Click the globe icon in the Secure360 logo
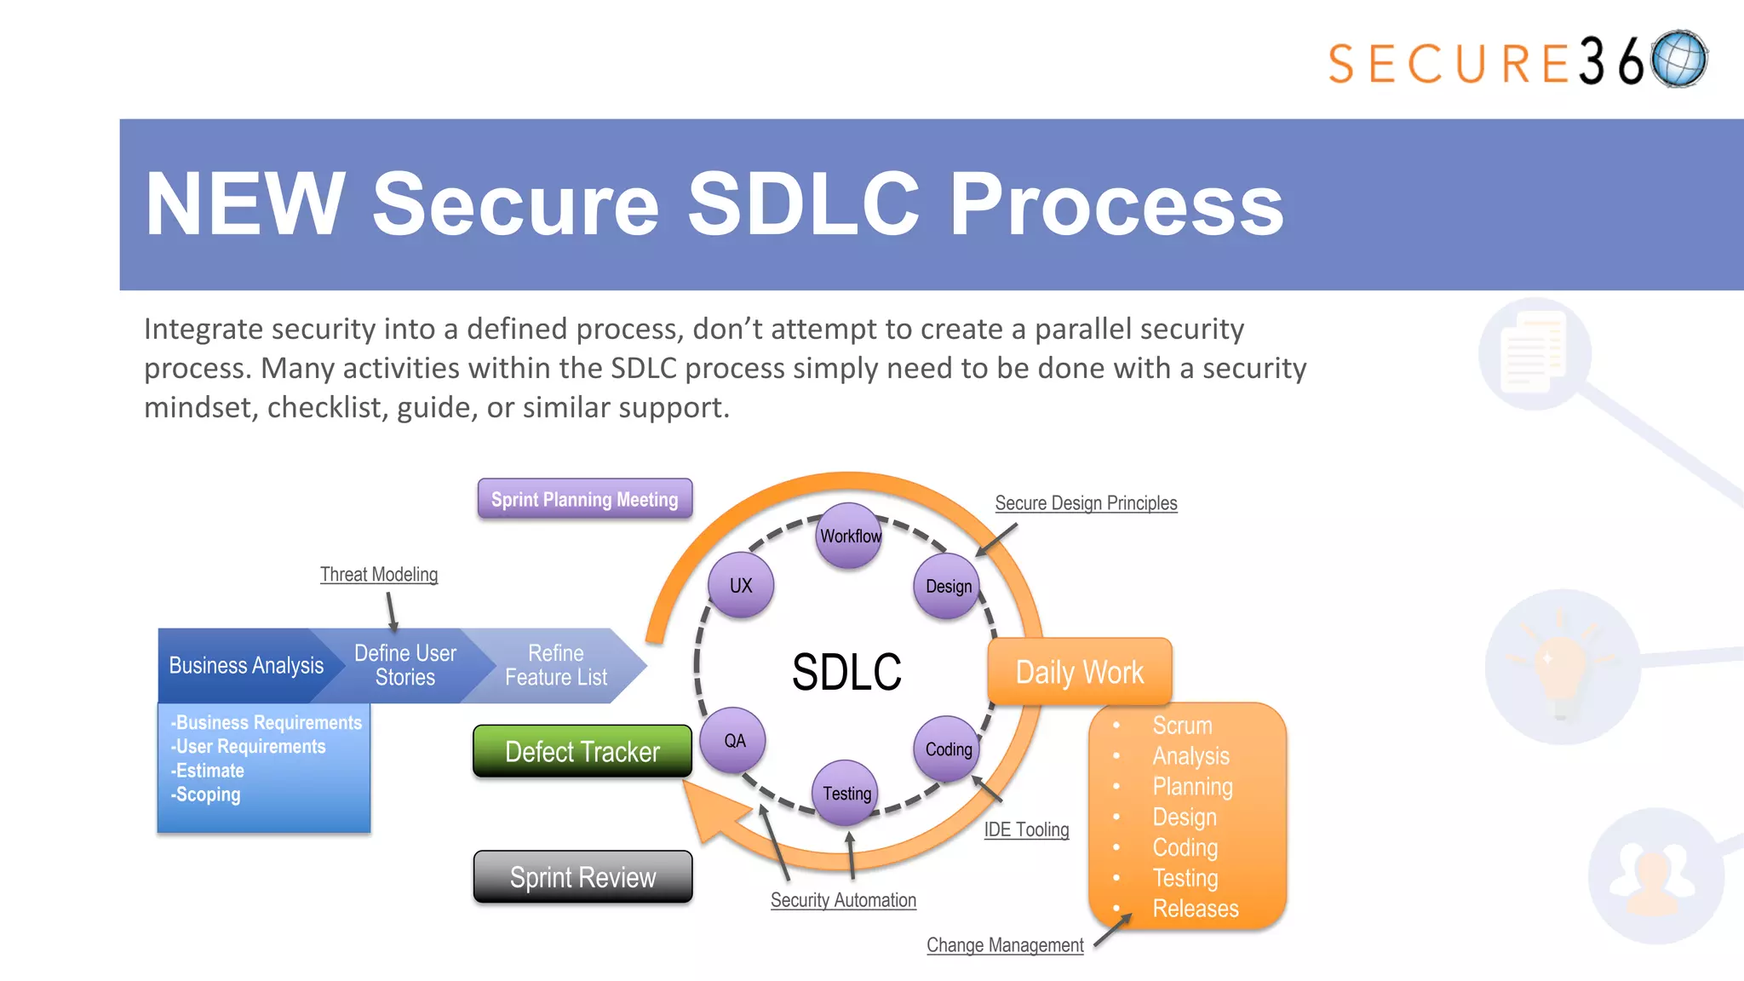tap(1678, 60)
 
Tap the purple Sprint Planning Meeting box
tap(584, 499)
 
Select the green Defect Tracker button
tap(582, 751)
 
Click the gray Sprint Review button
tap(582, 876)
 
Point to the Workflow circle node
tap(849, 536)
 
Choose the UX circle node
tap(741, 585)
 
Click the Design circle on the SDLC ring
tap(948, 586)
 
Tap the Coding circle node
tap(948, 749)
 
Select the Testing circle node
tap(846, 793)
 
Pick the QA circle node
tap(734, 740)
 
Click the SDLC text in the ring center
tap(846, 672)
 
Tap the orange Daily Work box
tap(1079, 672)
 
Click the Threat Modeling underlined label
tap(379, 574)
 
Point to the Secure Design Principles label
tap(1086, 502)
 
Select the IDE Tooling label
tap(1026, 829)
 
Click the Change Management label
tap(1005, 945)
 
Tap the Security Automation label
tap(843, 900)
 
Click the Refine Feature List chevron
tap(556, 665)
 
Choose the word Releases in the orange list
tap(1195, 909)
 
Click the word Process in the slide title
tap(1116, 204)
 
